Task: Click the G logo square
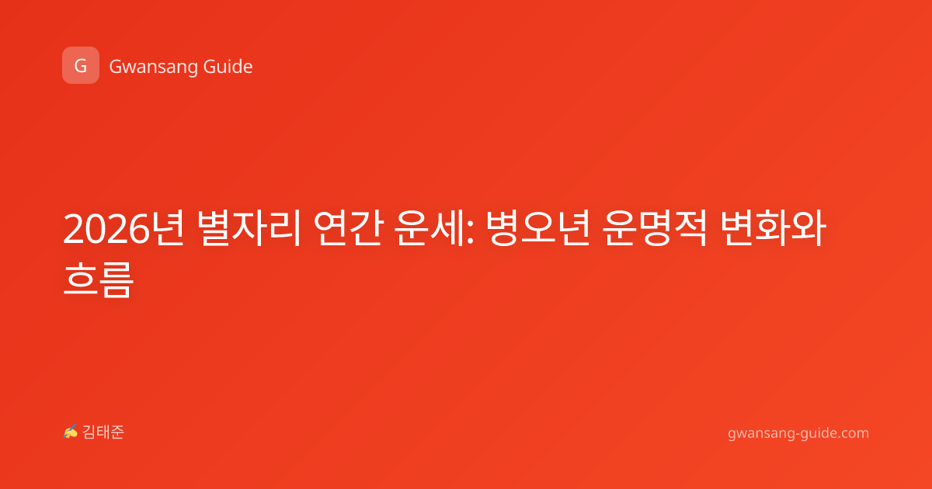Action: [81, 65]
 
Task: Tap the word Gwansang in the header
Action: [153, 67]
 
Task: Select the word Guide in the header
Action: [228, 67]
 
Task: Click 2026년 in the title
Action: [123, 228]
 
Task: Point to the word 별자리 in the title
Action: [249, 228]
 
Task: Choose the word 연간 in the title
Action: [348, 228]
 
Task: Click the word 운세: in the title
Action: [435, 228]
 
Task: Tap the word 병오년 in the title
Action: [538, 228]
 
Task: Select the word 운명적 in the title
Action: [655, 228]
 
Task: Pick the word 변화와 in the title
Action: [773, 228]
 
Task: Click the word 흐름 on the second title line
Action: [98, 279]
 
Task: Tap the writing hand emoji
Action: [71, 432]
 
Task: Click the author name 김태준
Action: [103, 432]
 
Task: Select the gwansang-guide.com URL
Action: [798, 433]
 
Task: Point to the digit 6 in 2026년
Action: [138, 229]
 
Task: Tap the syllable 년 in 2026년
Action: [167, 228]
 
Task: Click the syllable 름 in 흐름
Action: [116, 279]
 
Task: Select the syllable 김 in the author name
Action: [89, 432]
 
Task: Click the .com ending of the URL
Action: [852, 433]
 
